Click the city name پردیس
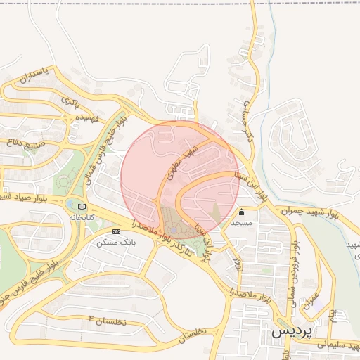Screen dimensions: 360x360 [293, 333]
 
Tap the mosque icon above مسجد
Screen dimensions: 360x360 [242, 212]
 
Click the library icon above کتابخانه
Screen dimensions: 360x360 [82, 207]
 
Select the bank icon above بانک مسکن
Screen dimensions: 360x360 [116, 231]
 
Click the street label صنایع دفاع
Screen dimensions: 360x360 [25, 144]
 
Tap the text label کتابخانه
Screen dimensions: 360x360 [80, 218]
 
